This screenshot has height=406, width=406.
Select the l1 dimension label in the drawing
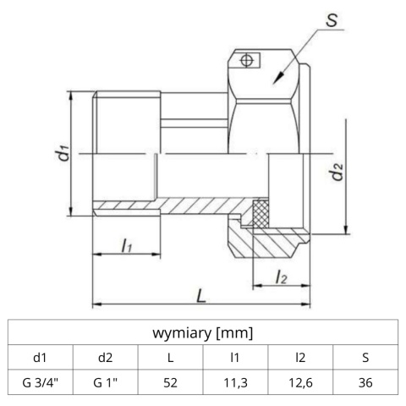(125, 246)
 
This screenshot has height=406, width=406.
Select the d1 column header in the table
(41, 356)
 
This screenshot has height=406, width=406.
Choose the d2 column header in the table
(106, 356)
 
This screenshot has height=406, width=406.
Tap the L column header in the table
(171, 356)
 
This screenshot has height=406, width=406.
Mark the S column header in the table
(365, 356)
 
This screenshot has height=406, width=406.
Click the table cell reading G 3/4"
(41, 382)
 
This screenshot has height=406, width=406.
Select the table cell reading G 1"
(106, 382)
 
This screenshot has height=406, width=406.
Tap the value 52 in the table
(171, 382)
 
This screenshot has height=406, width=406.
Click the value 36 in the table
(365, 382)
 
